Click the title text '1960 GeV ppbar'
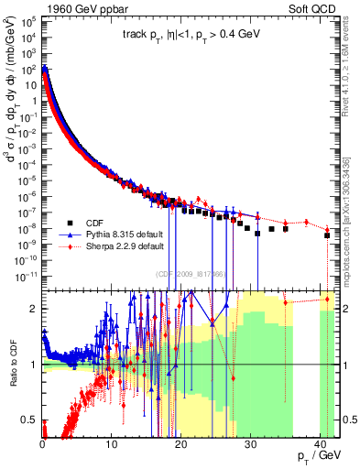click(83, 9)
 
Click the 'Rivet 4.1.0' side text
click(354, 64)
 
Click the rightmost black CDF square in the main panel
click(327, 235)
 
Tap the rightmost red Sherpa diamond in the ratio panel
click(327, 299)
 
